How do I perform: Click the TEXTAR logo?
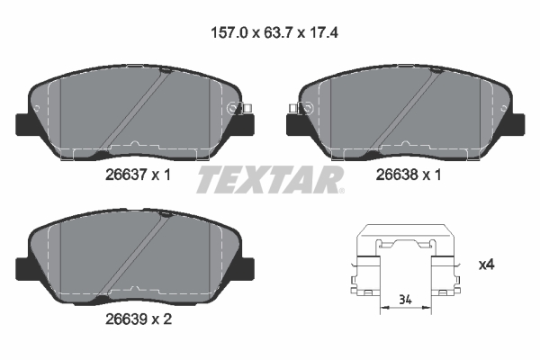tap(270, 179)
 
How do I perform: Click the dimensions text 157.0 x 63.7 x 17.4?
tap(274, 33)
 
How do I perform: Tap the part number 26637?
tap(126, 175)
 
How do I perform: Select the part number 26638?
tap(397, 175)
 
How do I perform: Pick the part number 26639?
tap(126, 319)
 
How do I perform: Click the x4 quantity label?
tap(487, 265)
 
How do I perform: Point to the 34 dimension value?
tap(405, 300)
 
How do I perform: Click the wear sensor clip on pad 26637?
tap(238, 109)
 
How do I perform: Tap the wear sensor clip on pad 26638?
tap(301, 109)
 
